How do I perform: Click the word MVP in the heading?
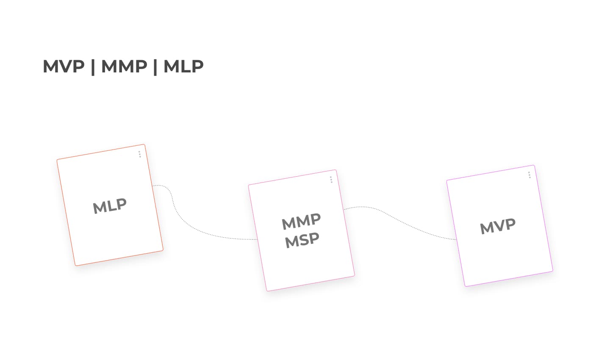coord(64,66)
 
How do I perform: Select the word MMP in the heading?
coord(124,66)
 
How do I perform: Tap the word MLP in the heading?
coord(183,66)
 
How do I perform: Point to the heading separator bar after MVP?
coord(93,67)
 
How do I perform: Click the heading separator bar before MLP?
coord(155,67)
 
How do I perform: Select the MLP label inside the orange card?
coord(110,206)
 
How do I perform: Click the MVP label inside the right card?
coord(498,227)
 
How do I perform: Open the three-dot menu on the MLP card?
coord(140,154)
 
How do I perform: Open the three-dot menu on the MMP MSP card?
coord(331,180)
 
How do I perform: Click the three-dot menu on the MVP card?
coord(529,175)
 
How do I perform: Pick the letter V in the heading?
coord(64,66)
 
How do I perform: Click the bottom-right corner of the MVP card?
coord(552,270)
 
